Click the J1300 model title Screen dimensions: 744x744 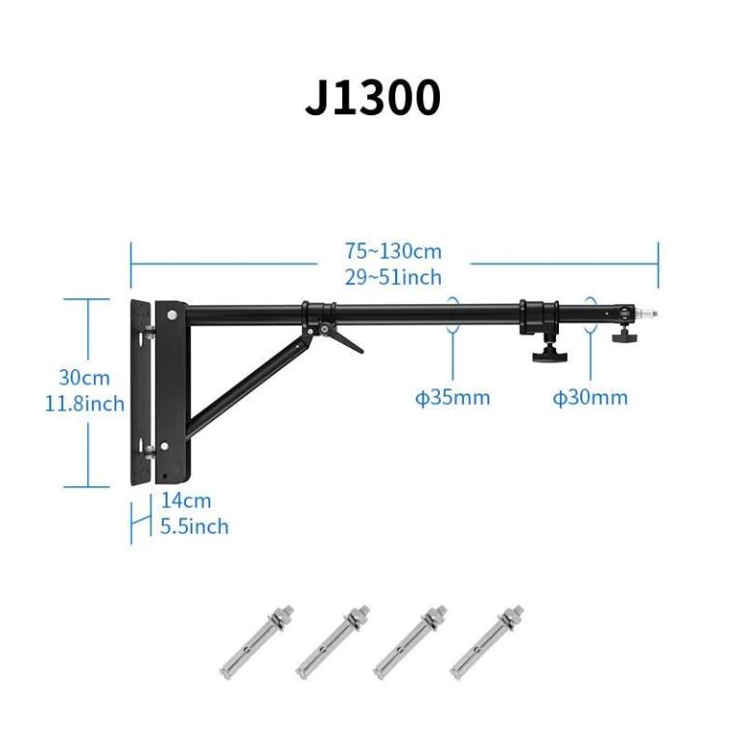372,98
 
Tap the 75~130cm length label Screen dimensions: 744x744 393,251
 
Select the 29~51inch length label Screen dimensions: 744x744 393,277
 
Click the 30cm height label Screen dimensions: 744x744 84,378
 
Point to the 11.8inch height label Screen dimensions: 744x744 84,404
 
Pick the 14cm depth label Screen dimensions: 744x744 186,500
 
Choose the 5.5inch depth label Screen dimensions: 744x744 194,526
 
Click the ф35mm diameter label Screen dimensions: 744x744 452,397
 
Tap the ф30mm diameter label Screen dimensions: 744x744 590,397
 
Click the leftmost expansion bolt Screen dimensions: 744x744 257,642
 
